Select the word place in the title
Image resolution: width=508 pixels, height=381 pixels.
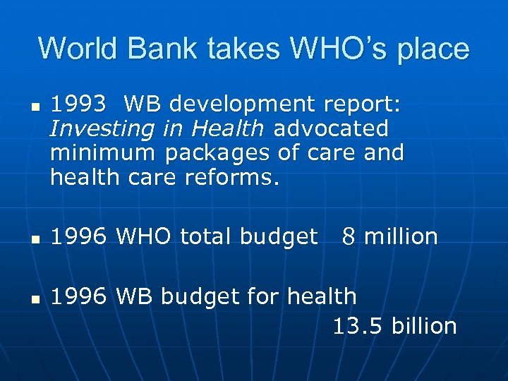pos(433,49)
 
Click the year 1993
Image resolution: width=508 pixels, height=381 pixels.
pos(79,104)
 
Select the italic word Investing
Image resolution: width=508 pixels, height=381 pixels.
pos(97,129)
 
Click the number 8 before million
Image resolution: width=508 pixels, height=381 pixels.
pos(348,237)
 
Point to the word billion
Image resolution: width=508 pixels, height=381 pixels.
pos(425,326)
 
